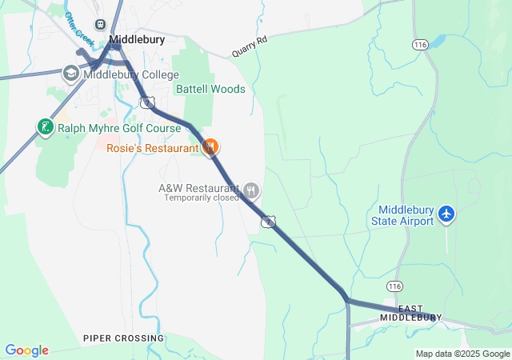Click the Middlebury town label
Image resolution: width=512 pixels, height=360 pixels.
[137, 38]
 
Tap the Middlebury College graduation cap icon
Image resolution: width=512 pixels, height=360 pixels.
[70, 74]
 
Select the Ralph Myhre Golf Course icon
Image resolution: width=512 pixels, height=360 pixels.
[45, 126]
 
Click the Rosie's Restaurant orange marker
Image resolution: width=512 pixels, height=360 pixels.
[210, 146]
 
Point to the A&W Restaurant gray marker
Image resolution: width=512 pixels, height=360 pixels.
[251, 190]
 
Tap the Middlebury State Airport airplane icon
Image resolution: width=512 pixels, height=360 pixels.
[446, 214]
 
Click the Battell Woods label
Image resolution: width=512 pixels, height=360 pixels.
[210, 89]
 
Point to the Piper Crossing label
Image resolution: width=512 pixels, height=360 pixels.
[123, 338]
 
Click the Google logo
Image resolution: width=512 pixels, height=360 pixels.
[26, 350]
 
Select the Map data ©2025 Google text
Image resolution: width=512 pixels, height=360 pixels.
[462, 354]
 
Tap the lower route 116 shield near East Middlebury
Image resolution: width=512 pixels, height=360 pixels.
[394, 286]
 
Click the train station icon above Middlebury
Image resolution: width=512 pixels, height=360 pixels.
[101, 25]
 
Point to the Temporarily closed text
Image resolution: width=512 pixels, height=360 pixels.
[202, 198]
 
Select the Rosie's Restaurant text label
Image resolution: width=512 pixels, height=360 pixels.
[153, 148]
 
